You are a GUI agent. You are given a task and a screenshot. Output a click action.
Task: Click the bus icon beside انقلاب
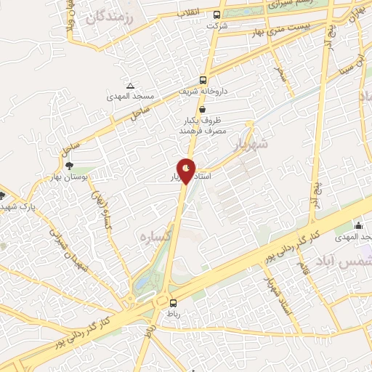point(217,15)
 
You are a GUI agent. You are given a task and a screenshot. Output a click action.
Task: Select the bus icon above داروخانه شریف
point(203,80)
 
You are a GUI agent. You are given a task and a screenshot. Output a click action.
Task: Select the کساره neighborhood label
point(153,237)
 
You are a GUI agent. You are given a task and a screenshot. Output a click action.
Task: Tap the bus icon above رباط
point(173,303)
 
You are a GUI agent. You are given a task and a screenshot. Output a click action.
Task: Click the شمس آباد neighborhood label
point(339,260)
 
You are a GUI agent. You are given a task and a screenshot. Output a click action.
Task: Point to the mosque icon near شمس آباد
point(359,226)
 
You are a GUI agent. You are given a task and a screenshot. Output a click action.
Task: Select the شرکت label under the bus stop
point(217,26)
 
